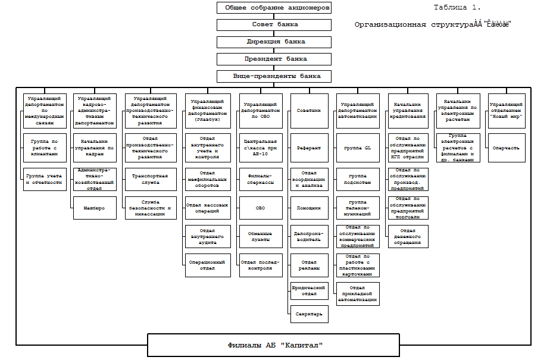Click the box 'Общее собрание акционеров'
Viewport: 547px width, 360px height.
click(x=274, y=8)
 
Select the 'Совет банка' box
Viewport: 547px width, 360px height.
click(x=274, y=25)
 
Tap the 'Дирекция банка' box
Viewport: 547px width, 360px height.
click(x=274, y=42)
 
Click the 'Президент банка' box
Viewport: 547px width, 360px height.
click(x=274, y=60)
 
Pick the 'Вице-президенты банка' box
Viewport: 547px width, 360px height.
click(x=274, y=77)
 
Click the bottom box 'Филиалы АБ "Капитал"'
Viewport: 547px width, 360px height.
click(x=274, y=345)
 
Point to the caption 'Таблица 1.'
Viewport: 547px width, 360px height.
click(x=457, y=8)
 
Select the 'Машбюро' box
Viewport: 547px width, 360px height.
click(x=95, y=208)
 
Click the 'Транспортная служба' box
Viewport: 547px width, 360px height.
click(x=151, y=180)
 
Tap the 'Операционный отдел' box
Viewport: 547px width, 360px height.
click(x=207, y=265)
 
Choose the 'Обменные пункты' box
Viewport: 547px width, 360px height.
click(x=260, y=237)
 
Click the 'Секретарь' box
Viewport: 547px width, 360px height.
click(x=309, y=314)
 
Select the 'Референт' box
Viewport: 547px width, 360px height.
click(x=309, y=148)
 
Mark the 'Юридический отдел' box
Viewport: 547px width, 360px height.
click(x=309, y=291)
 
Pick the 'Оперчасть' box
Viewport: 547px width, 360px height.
click(x=507, y=148)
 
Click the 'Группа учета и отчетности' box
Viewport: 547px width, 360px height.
click(x=44, y=180)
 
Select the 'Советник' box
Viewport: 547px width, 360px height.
click(x=309, y=111)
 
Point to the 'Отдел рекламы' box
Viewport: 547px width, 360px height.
click(x=309, y=265)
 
